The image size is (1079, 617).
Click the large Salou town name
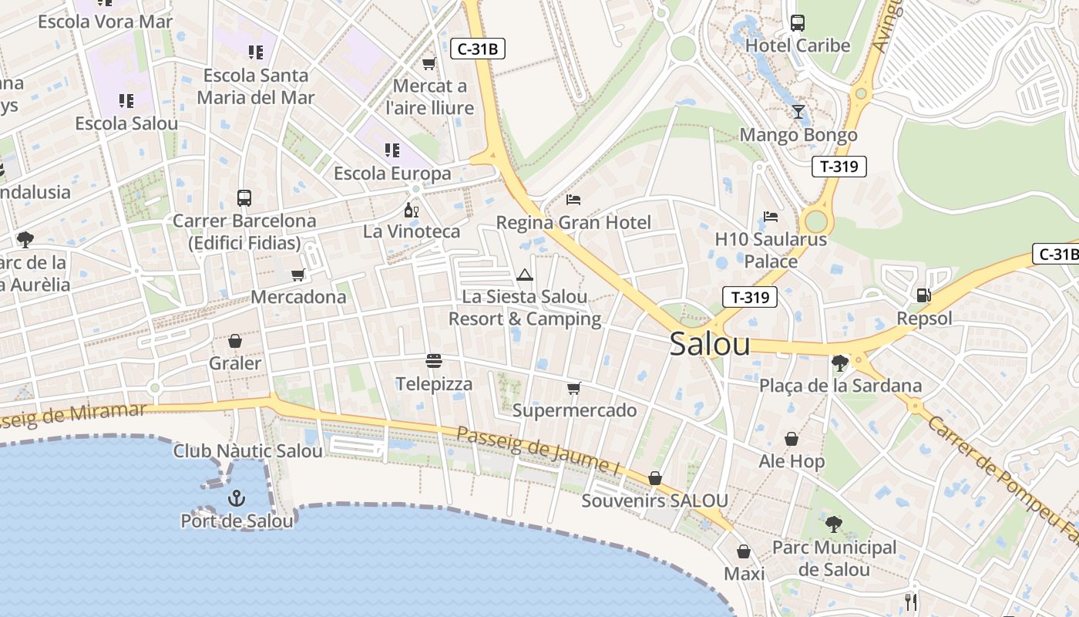click(710, 344)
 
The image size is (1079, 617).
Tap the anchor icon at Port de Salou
click(237, 499)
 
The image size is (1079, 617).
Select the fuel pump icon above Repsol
click(923, 295)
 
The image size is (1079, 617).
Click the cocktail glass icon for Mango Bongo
click(798, 112)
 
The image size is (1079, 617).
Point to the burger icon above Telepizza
click(434, 361)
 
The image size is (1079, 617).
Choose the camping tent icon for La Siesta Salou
click(524, 275)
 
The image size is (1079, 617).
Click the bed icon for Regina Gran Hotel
click(573, 200)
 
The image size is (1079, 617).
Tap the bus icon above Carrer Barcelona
click(244, 198)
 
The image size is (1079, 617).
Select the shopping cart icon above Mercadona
click(298, 275)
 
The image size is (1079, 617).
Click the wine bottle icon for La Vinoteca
click(412, 210)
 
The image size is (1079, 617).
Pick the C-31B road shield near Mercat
click(478, 49)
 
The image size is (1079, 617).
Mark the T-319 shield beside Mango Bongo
click(839, 167)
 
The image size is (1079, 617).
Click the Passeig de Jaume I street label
click(538, 450)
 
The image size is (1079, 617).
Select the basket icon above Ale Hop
click(792, 439)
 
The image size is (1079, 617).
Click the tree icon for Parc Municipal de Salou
click(833, 524)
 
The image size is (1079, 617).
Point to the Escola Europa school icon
click(392, 150)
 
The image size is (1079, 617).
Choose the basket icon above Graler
click(235, 341)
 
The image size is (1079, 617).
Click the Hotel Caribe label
click(798, 46)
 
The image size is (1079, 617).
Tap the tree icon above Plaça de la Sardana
click(840, 362)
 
